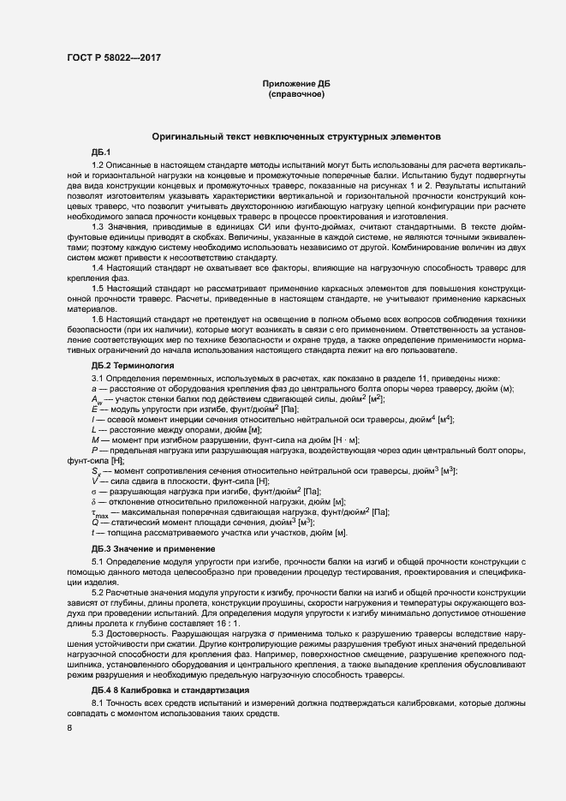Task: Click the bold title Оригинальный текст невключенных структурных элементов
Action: (295, 136)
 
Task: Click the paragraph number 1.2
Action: (98, 164)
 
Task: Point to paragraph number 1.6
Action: (98, 319)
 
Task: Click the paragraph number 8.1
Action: (98, 702)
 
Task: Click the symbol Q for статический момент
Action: (93, 522)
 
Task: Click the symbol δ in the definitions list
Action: (92, 501)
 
